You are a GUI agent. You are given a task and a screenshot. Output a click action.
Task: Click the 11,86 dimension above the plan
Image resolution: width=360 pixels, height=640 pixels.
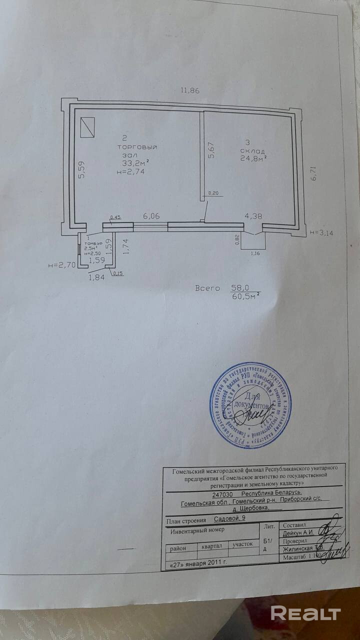pyautogui.click(x=190, y=90)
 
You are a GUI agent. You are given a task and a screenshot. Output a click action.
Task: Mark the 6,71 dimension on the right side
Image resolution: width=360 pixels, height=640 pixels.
pyautogui.click(x=313, y=173)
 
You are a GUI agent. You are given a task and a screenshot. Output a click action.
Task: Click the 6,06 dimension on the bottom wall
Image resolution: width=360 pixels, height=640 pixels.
pyautogui.click(x=151, y=216)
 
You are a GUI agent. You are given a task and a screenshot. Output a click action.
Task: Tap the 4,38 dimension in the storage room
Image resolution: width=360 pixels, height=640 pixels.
pyautogui.click(x=252, y=216)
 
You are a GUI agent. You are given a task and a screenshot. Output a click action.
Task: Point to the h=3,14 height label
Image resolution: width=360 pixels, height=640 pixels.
pyautogui.click(x=322, y=232)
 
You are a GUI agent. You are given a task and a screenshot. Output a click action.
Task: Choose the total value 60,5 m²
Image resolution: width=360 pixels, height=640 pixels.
pyautogui.click(x=245, y=297)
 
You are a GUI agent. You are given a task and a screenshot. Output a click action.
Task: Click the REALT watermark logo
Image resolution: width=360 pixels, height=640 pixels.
pyautogui.click(x=305, y=613)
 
